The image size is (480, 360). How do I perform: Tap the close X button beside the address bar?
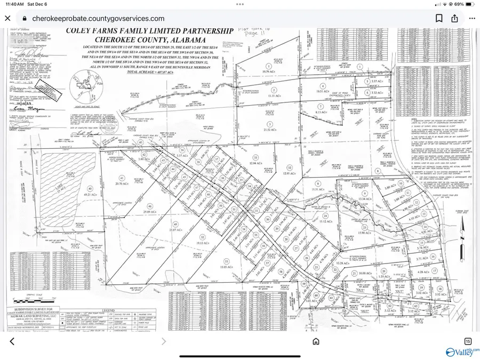7,18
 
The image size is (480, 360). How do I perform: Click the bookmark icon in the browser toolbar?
438,18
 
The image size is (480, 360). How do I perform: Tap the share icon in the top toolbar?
454,18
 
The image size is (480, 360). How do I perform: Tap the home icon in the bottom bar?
316,341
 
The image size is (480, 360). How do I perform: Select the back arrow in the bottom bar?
12,341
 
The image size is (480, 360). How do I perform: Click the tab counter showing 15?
468,341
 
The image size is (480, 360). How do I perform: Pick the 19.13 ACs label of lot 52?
202,243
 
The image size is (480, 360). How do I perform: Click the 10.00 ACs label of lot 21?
365,273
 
